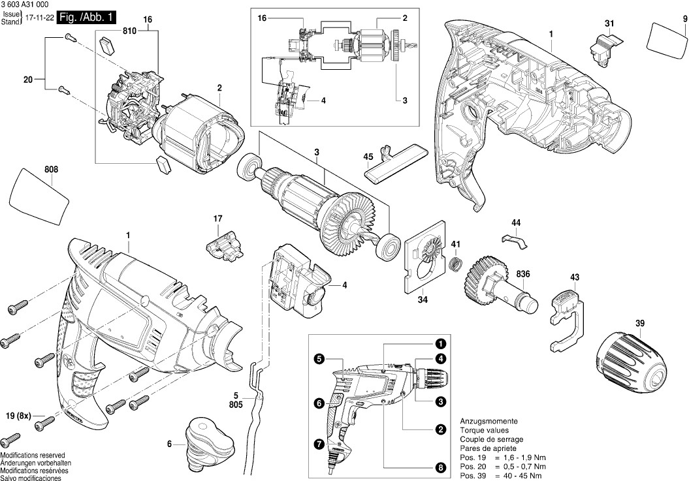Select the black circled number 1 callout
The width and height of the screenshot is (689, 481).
441,343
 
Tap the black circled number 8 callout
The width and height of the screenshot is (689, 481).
441,467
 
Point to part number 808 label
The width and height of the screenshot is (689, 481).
52,170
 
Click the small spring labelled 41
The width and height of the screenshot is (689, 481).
455,264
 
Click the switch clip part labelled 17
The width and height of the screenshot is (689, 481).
223,245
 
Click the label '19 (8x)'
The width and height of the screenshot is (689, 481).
19,415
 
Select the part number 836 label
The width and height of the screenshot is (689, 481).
523,273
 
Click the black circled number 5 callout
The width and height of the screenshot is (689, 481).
319,358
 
